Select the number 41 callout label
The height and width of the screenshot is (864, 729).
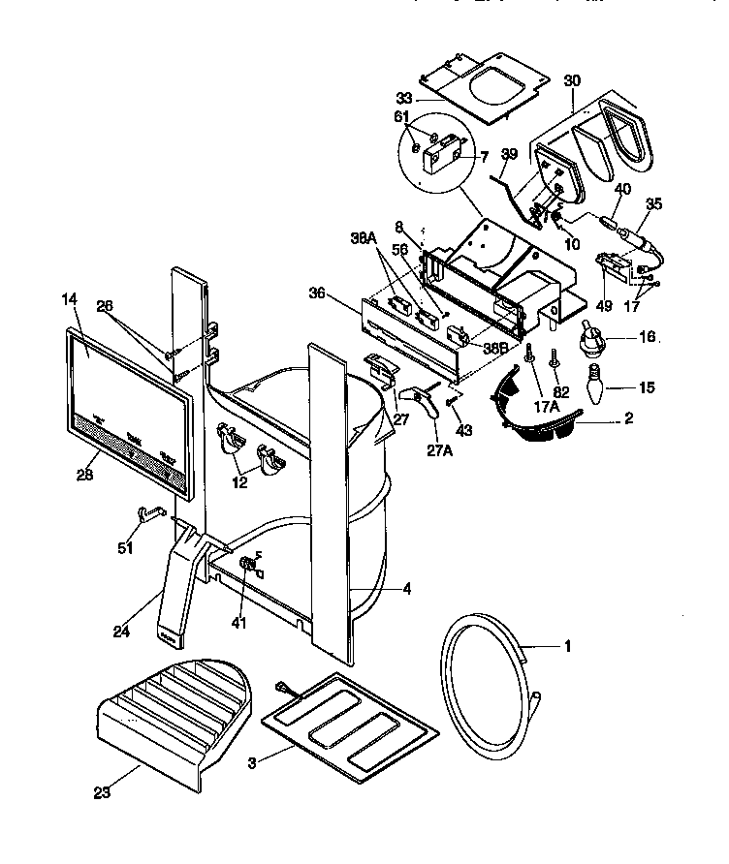(x=239, y=623)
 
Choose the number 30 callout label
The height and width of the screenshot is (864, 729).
(x=572, y=81)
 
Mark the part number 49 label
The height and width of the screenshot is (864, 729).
(x=604, y=306)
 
